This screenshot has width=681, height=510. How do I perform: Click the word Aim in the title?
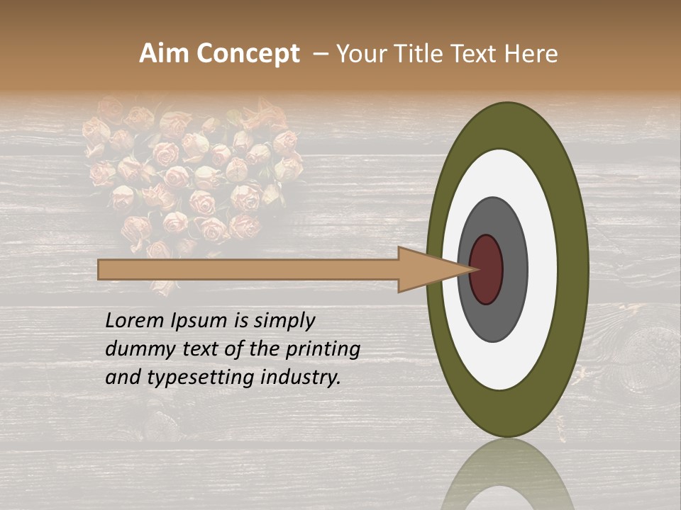click(x=165, y=54)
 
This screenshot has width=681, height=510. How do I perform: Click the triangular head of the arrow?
click(x=426, y=269)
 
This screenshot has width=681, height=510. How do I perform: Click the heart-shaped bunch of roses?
click(x=192, y=177)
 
